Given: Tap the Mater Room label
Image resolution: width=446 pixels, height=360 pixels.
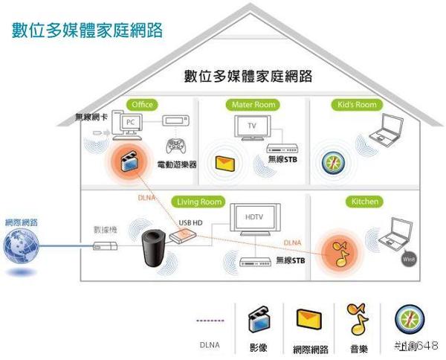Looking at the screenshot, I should [254, 105].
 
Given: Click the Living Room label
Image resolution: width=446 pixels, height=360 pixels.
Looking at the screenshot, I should [199, 202].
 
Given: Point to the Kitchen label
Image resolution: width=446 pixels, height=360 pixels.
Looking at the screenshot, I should [364, 202].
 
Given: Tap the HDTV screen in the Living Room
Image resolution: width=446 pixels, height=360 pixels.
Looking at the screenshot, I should [253, 221].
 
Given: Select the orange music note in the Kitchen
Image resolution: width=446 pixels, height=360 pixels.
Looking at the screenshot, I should [338, 254].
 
